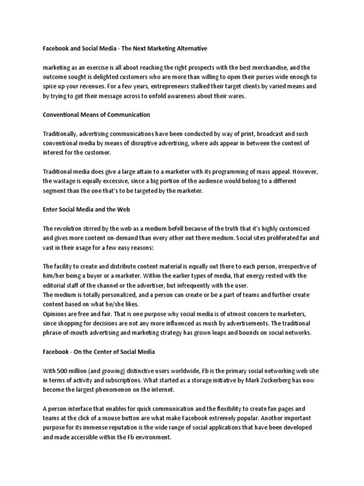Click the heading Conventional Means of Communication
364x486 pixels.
pyautogui.click(x=96, y=114)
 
